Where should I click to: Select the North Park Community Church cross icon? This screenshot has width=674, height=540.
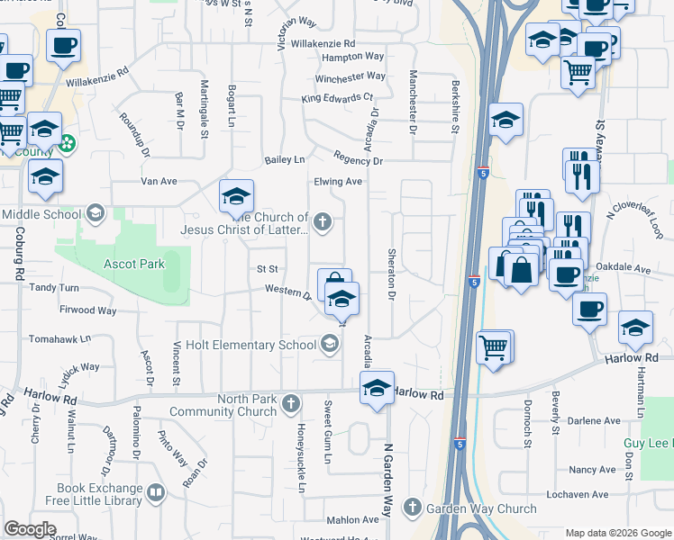pyautogui.click(x=290, y=404)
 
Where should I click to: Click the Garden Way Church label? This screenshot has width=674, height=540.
pyautogui.click(x=481, y=508)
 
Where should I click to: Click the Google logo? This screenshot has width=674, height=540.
pyautogui.click(x=30, y=528)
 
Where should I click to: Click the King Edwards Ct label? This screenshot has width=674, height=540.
pyautogui.click(x=337, y=97)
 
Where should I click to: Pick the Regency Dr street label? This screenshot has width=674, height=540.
pyautogui.click(x=358, y=161)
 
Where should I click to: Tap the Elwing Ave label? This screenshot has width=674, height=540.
pyautogui.click(x=338, y=182)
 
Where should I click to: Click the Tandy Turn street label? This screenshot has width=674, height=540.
pyautogui.click(x=56, y=288)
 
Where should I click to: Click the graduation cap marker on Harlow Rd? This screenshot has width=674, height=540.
pyautogui.click(x=377, y=389)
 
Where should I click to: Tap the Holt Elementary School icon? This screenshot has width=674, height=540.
pyautogui.click(x=330, y=343)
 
